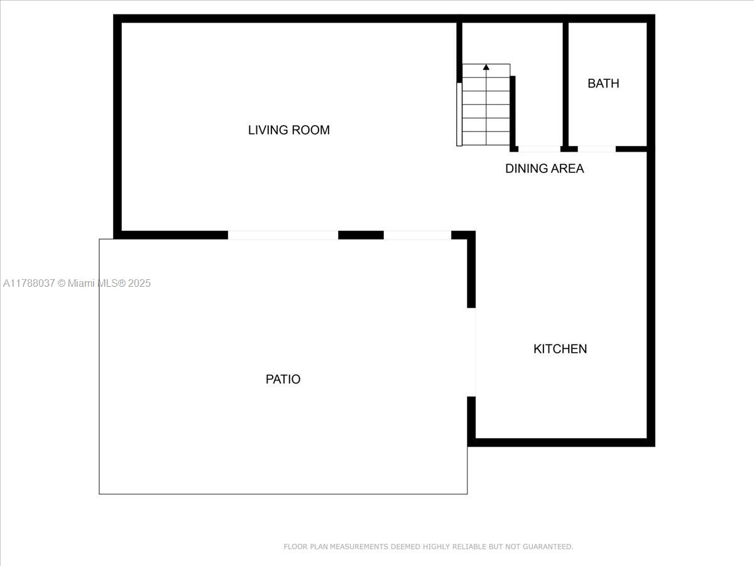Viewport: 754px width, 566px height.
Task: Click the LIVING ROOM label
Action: click(x=289, y=130)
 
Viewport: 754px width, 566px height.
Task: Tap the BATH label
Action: click(x=603, y=84)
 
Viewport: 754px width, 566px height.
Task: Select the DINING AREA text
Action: click(x=545, y=169)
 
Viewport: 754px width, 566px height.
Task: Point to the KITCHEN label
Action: click(x=560, y=349)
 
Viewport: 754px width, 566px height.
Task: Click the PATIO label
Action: click(x=283, y=379)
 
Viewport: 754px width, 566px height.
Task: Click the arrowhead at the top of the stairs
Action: click(x=486, y=67)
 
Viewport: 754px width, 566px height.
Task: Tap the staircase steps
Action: click(x=486, y=104)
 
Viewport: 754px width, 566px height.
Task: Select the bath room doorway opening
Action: click(x=597, y=149)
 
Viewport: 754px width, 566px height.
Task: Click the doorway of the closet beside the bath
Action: click(x=539, y=149)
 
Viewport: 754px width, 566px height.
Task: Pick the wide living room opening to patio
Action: click(x=283, y=235)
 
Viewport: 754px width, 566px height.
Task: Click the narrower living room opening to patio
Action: click(x=417, y=235)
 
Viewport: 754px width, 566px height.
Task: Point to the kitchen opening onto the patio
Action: click(x=471, y=352)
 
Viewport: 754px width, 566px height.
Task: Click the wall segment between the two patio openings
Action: click(x=361, y=235)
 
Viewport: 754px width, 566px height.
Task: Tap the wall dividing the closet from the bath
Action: click(x=565, y=84)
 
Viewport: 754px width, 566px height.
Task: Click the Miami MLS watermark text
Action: click(x=97, y=283)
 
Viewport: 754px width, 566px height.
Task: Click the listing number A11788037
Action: click(x=29, y=283)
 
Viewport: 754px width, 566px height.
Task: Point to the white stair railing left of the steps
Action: click(x=459, y=114)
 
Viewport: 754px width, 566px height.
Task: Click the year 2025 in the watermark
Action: click(x=139, y=283)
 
